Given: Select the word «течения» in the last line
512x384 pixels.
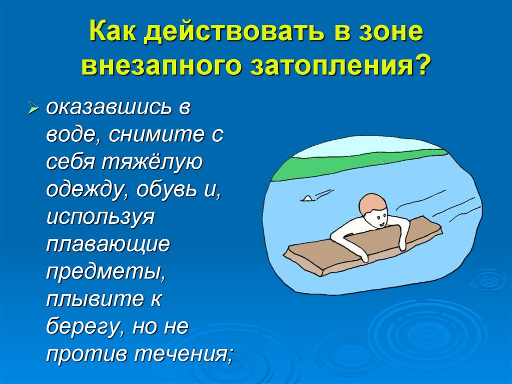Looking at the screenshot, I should click(184, 355).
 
